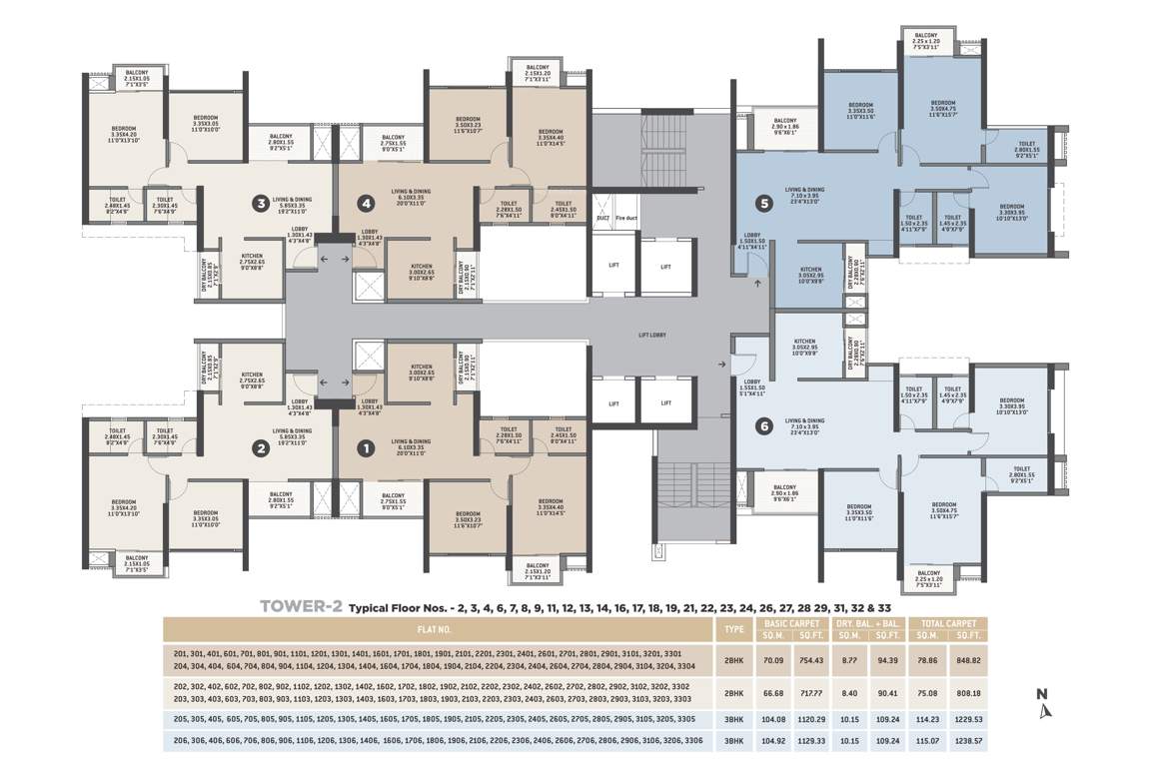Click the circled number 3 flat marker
(261, 205)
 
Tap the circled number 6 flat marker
(764, 426)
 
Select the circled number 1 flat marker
(366, 448)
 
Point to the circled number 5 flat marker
(764, 204)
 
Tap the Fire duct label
(625, 217)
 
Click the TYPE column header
(733, 630)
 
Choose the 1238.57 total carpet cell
(968, 740)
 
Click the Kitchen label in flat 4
(422, 270)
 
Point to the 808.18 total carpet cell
(968, 694)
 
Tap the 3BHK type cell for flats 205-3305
(733, 719)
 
